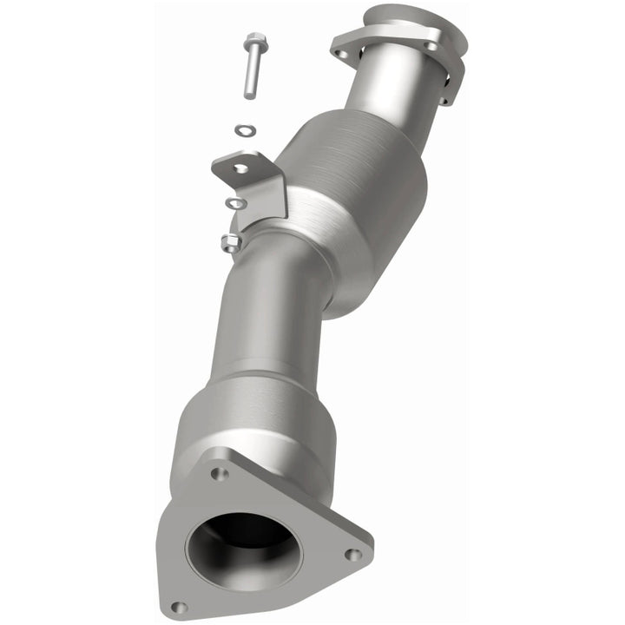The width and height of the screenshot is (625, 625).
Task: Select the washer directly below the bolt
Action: (x=246, y=131)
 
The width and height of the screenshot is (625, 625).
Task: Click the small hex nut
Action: (x=231, y=243)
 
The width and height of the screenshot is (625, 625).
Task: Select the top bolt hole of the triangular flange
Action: (x=219, y=474)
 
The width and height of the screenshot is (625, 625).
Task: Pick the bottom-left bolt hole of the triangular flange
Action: (x=178, y=606)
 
